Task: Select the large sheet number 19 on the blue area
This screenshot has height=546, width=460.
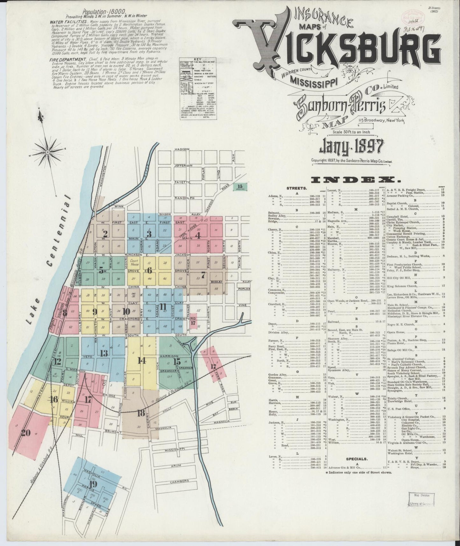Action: (93, 484)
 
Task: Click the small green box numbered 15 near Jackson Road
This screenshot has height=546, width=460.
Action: (240, 186)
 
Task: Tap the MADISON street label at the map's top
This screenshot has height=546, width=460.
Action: (182, 149)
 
